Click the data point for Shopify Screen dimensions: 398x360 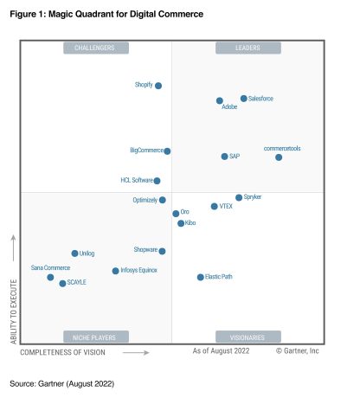coord(158,86)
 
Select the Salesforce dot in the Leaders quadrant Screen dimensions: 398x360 coord(244,99)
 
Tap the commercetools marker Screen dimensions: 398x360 coord(279,157)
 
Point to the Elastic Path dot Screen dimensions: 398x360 coord(200,277)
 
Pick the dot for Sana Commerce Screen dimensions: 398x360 coord(50,277)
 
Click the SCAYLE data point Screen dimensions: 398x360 coord(62,283)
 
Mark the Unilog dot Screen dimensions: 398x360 coord(74,254)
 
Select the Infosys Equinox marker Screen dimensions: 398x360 coord(115,271)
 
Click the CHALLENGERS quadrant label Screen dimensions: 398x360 coord(95,48)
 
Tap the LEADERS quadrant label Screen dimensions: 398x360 coord(248,48)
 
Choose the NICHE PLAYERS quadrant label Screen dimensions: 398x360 coord(95,337)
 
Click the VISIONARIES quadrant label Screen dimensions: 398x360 coord(248,337)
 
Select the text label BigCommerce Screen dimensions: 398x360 coord(146,151)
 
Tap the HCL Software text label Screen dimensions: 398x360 coord(136,181)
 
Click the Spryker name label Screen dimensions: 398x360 coord(253,197)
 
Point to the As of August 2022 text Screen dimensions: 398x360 coord(220,350)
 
